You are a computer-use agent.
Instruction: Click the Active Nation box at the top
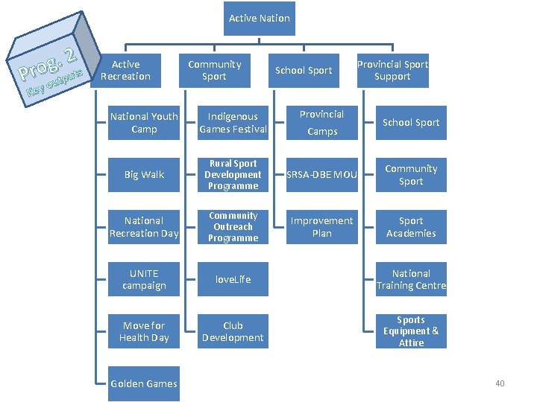point(260,19)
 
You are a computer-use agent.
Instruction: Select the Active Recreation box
point(125,71)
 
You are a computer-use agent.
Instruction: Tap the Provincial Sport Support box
point(392,71)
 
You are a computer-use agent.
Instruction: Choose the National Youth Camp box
point(144,123)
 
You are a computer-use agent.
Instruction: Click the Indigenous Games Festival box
point(233,123)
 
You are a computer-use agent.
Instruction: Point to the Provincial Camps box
point(322,123)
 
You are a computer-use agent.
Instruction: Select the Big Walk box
point(144,175)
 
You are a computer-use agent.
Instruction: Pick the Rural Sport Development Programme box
point(233,175)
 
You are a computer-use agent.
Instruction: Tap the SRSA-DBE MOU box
point(322,175)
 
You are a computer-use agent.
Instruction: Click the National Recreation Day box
point(144,227)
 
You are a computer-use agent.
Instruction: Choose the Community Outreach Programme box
point(233,227)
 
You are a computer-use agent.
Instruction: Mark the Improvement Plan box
point(322,227)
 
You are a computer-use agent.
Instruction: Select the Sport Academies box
point(411,227)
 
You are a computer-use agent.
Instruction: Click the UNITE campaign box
point(144,279)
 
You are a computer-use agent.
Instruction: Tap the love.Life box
point(233,279)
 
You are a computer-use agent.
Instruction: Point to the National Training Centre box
point(411,279)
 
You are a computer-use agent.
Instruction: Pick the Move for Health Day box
point(144,331)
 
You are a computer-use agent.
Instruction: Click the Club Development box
point(233,331)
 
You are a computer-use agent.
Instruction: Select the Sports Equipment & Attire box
point(411,331)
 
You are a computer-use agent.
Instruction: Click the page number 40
point(500,383)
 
